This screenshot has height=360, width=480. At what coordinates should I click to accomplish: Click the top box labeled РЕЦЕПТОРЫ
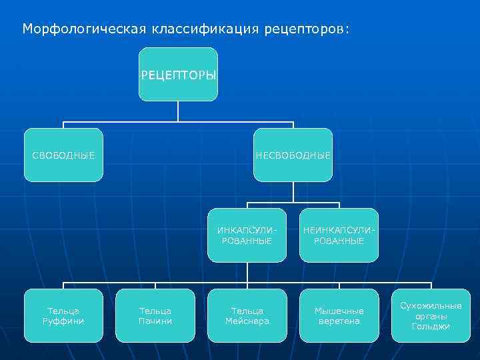click(178, 74)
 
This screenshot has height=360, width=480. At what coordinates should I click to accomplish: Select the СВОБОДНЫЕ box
click(63, 155)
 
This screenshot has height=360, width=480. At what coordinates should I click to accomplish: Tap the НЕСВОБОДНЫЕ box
click(293, 155)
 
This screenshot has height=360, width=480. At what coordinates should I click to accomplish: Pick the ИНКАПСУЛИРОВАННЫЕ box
click(247, 235)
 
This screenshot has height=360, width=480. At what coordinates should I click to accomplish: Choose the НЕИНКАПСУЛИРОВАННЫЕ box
click(339, 235)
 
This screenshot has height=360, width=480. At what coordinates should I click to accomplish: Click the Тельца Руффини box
click(63, 315)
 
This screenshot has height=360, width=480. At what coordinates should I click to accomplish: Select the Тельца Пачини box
click(155, 315)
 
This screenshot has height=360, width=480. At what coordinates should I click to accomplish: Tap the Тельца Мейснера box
click(247, 315)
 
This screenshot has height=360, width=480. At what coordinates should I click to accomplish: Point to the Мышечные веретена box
click(339, 315)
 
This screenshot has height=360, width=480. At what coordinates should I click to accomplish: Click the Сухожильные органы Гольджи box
click(431, 315)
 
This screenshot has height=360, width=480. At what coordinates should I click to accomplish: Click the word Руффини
click(63, 321)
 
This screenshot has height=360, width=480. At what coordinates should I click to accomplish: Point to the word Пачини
click(155, 321)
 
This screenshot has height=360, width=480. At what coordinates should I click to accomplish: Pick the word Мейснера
click(247, 321)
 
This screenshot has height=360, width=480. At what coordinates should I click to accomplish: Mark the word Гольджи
click(431, 327)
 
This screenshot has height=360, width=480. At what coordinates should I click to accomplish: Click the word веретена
click(339, 321)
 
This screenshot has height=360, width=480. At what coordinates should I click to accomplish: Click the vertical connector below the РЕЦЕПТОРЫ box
click(178, 111)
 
